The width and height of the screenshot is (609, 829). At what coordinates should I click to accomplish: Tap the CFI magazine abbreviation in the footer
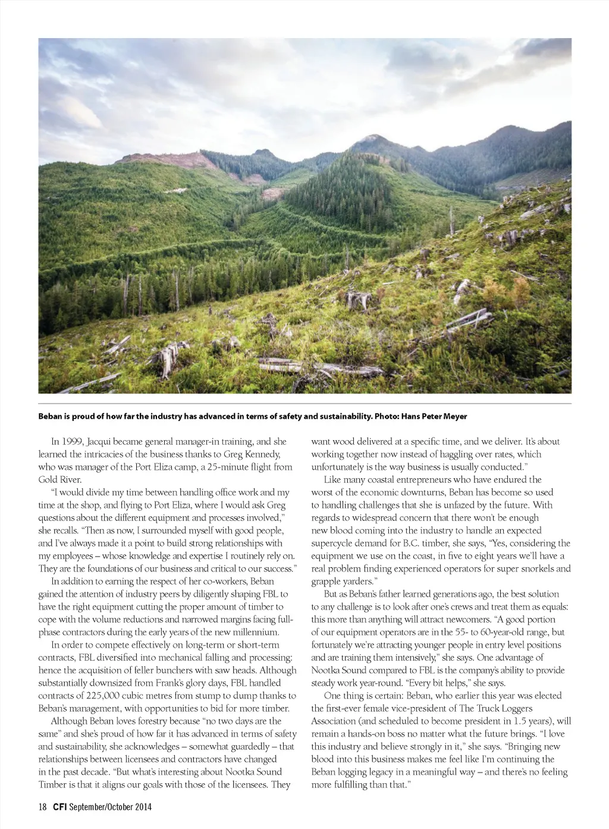point(59,807)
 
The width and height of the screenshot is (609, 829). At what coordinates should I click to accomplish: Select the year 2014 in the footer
point(142,807)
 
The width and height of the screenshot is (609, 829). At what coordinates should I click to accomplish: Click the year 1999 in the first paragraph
point(73,442)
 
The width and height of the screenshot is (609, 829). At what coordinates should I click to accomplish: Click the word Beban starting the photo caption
point(52,416)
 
